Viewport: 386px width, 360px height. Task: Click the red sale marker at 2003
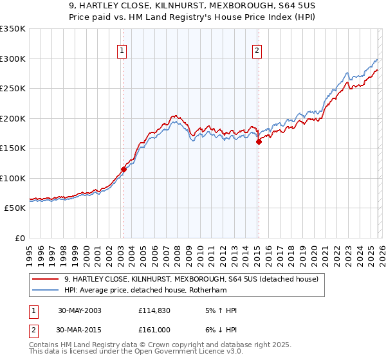pyautogui.click(x=124, y=170)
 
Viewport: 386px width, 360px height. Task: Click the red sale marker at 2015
pyautogui.click(x=259, y=142)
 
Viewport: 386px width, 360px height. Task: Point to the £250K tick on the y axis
pyautogui.click(x=13, y=89)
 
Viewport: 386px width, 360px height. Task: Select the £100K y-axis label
pyautogui.click(x=13, y=178)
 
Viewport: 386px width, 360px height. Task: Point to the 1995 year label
pyautogui.click(x=30, y=252)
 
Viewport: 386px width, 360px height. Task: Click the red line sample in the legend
pyautogui.click(x=46, y=279)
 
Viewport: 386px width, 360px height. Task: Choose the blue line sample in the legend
pyautogui.click(x=46, y=291)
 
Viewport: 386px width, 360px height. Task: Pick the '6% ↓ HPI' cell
pyautogui.click(x=219, y=331)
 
